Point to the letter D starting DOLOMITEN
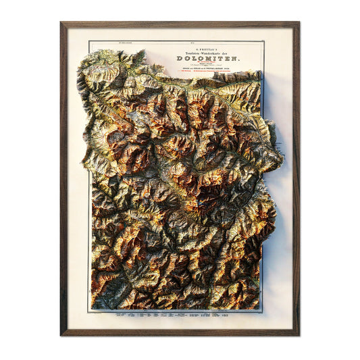click(x=180, y=58)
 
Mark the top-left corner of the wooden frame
click(x=61, y=23)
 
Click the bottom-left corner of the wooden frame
click(x=61, y=334)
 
